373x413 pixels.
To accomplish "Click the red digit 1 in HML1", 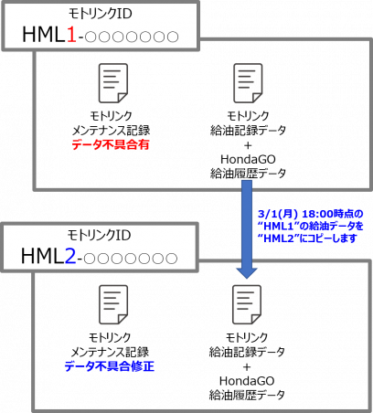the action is [70, 34].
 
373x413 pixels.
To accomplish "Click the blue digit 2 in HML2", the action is [69, 256].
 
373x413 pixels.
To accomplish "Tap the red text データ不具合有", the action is [111, 144].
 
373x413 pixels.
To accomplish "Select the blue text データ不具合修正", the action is [110, 366].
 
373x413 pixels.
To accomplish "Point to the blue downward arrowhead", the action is [247, 273].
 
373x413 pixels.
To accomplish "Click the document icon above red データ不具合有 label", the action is [113, 83].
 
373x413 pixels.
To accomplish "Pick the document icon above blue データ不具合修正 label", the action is [113, 305].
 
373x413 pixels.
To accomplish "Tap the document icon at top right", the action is [248, 83].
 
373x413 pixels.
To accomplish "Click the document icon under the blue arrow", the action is [247, 305].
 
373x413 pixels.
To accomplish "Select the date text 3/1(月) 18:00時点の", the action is [311, 214].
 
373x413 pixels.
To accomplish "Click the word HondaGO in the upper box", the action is [248, 159].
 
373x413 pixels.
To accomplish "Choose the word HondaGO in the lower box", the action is [247, 381].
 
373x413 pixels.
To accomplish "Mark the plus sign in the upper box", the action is [248, 145].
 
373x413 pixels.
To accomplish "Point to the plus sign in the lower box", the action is [247, 367].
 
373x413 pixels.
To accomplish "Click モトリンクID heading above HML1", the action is [101, 14].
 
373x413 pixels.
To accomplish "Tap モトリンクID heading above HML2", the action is [99, 236].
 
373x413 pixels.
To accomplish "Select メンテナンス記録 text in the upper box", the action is [111, 131].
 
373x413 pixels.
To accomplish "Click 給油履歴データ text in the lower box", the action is [247, 395].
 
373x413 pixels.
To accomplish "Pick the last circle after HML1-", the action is [173, 37].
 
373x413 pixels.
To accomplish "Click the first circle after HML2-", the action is [89, 259].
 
